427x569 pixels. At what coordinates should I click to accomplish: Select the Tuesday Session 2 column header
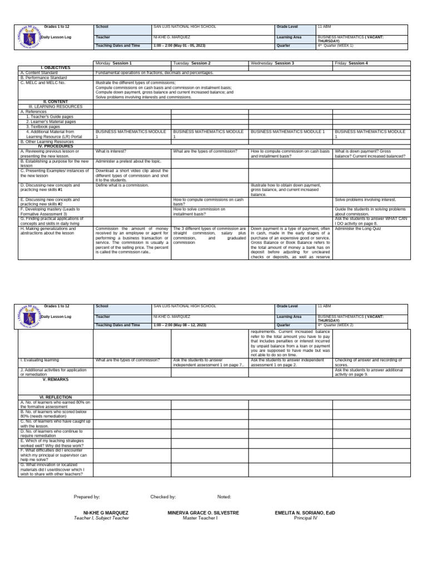coord(192,63)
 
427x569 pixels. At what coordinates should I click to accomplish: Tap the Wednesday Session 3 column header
coord(272,63)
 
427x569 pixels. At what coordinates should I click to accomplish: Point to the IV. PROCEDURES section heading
coord(56,146)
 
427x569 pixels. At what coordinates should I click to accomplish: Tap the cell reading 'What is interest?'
coord(111,151)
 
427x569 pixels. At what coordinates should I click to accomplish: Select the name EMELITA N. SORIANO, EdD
coord(305,512)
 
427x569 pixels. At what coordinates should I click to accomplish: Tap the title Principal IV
coord(305,518)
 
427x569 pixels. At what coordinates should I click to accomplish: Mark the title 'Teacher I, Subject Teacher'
coord(102,518)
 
